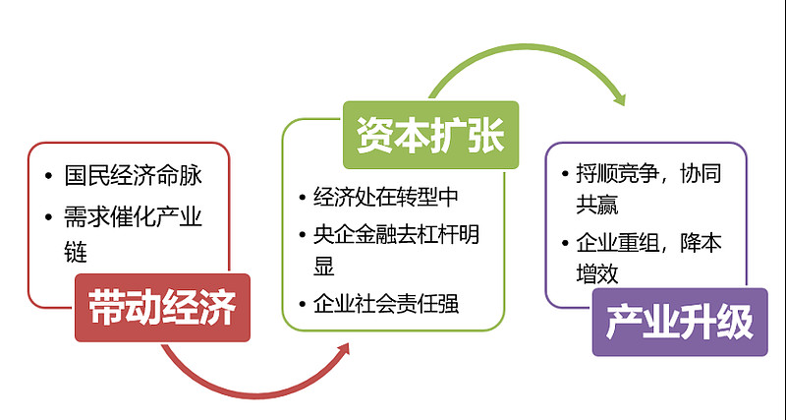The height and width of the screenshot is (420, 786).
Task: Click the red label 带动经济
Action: (x=162, y=308)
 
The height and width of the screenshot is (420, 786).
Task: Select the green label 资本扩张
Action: (x=430, y=135)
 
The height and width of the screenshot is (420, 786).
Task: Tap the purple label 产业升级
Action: (x=680, y=323)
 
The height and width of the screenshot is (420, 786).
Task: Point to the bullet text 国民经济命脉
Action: (x=133, y=176)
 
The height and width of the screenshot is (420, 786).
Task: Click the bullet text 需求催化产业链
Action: (x=133, y=234)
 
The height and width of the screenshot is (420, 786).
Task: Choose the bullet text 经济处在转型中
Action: (x=386, y=197)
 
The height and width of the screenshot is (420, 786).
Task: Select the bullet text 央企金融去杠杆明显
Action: (x=396, y=251)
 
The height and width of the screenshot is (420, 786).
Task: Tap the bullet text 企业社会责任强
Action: (x=386, y=304)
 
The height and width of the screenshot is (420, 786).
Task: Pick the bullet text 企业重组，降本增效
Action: (x=648, y=259)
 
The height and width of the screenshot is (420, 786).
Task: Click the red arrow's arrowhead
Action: (x=343, y=350)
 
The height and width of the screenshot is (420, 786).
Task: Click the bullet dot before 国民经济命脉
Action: (x=48, y=176)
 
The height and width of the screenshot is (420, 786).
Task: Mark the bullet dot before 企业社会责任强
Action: (x=302, y=304)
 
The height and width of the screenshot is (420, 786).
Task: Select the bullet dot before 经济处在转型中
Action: (x=302, y=197)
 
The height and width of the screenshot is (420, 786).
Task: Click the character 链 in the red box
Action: (x=76, y=252)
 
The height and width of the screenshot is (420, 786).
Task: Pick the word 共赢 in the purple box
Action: (x=597, y=205)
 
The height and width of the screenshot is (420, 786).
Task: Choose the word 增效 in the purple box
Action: (x=597, y=274)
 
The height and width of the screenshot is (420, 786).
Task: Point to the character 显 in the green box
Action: (x=324, y=266)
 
